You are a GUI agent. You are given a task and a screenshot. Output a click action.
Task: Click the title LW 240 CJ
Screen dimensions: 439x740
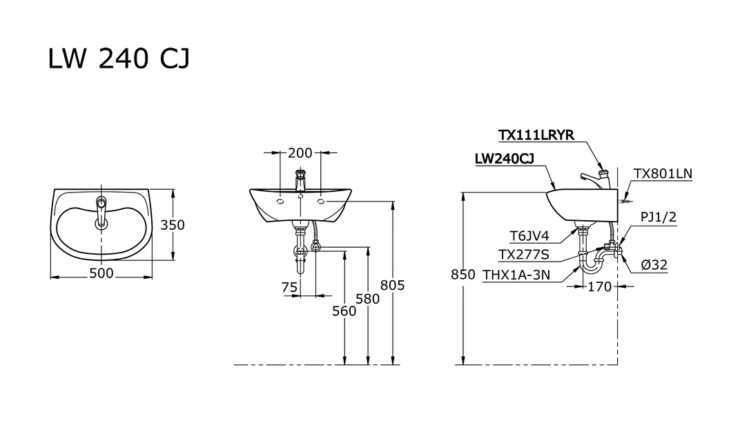119,59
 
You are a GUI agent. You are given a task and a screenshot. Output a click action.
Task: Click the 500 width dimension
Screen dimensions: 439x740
101,274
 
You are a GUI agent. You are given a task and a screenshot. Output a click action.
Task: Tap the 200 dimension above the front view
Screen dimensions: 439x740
300,153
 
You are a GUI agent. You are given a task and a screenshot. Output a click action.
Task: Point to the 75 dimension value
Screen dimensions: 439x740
289,287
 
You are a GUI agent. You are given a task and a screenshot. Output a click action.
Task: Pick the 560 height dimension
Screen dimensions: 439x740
344,311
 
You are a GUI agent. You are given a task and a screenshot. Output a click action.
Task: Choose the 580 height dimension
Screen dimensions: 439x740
368,299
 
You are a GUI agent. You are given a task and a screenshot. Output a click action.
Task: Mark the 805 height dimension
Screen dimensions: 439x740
393,285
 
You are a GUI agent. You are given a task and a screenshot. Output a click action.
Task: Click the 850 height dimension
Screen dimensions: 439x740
463,275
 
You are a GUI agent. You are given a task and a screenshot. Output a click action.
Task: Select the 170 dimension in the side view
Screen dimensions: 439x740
599,286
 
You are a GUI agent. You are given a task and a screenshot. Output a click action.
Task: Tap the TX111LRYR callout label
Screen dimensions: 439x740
536,135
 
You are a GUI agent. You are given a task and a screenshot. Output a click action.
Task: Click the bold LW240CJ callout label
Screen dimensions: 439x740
505,159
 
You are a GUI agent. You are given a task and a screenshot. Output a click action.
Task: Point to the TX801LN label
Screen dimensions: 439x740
663,174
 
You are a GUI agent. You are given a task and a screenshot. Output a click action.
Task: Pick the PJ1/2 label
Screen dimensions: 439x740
658,217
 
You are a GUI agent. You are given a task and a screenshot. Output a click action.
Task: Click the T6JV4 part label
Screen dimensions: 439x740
529,235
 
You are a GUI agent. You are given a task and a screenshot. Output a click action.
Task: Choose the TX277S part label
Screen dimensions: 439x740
525,255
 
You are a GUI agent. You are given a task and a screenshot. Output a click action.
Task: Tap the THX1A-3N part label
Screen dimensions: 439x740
516,275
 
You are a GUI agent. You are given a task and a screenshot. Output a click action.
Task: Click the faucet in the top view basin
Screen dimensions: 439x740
101,211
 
